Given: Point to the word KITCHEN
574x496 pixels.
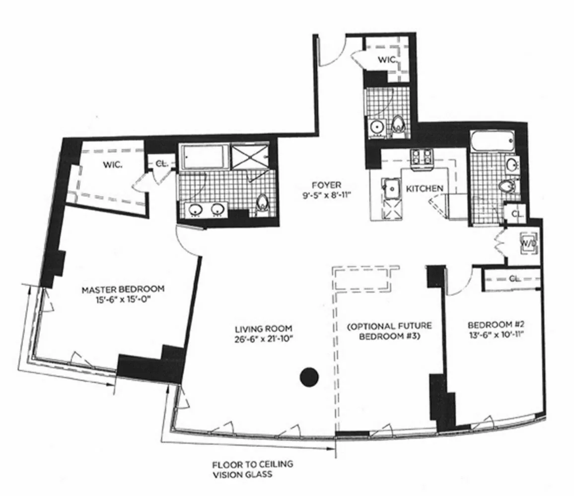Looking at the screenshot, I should (424, 188).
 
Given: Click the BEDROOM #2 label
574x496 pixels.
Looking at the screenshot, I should (497, 325).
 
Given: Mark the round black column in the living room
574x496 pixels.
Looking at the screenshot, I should (309, 377).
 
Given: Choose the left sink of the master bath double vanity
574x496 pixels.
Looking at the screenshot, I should (194, 210).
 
